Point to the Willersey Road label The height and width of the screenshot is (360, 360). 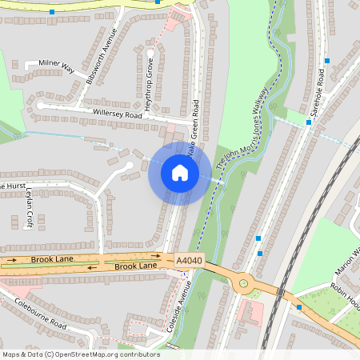(116, 114)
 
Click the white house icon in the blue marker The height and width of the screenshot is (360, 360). (180, 173)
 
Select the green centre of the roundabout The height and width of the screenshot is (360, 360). (242, 283)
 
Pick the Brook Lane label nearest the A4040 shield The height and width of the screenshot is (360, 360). (136, 266)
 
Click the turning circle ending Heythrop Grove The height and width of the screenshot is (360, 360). (150, 54)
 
